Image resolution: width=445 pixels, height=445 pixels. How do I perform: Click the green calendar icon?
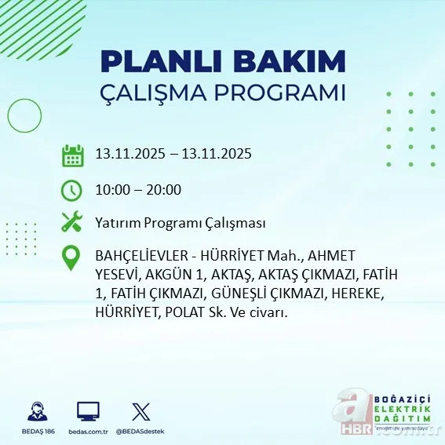[72, 155]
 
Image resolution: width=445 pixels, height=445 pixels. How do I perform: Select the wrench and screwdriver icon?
[72, 222]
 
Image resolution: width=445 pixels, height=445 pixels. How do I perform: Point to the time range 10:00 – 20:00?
[137, 189]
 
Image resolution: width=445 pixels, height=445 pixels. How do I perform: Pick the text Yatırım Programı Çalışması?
[180, 223]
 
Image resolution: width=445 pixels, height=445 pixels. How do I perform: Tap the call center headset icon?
[37, 412]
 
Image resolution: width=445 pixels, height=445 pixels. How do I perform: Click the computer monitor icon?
[88, 412]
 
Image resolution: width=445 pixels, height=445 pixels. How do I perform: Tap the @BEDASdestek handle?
[140, 432]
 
